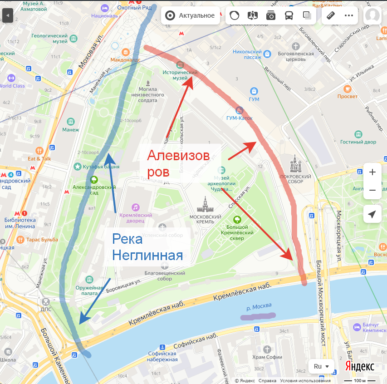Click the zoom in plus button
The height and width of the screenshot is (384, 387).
(372, 172)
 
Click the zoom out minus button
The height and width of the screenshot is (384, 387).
(372, 190)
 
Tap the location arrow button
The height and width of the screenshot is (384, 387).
(372, 214)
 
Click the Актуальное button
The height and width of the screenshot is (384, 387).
(190, 15)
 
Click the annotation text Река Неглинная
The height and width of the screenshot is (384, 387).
(147, 247)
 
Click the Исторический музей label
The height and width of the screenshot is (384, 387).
(181, 75)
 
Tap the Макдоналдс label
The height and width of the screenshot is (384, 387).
(125, 59)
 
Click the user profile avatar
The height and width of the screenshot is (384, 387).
(372, 15)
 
